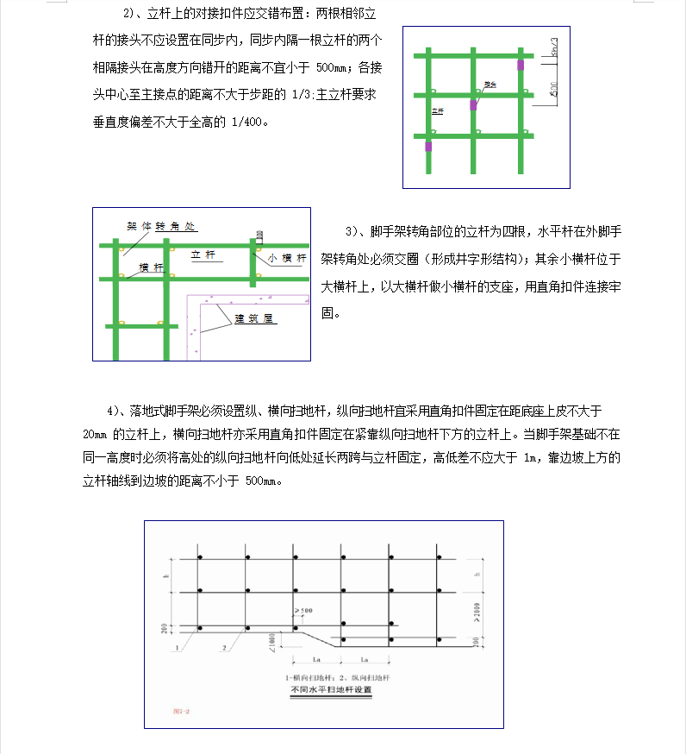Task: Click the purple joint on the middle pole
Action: (473, 104)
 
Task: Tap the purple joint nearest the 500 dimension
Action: (520, 64)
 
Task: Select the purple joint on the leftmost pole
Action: (428, 147)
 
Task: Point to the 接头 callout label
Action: (490, 85)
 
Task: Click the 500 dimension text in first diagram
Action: (553, 87)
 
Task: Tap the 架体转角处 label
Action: (161, 226)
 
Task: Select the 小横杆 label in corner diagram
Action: (287, 258)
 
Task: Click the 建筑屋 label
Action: (255, 318)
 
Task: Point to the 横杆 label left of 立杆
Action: (151, 267)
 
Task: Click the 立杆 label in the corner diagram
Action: (203, 254)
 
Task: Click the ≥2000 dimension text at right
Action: (477, 613)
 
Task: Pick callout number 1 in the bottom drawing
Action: (177, 646)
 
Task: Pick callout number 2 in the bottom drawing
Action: (223, 646)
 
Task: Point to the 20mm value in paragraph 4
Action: (96, 433)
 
